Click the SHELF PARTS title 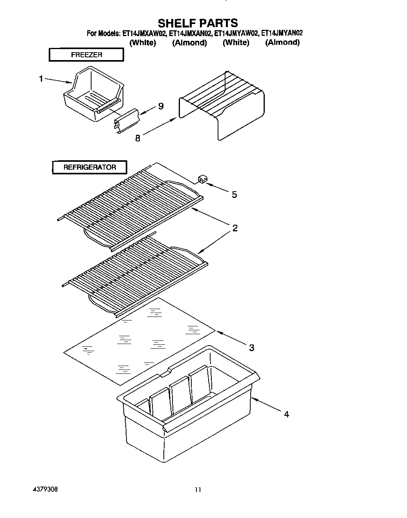click(x=198, y=23)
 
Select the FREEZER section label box click(x=86, y=55)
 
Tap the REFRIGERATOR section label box click(x=90, y=167)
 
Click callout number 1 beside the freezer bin click(x=41, y=79)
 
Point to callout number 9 click(x=161, y=106)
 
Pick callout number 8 click(x=137, y=138)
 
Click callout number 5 click(x=234, y=194)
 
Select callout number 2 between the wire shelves click(x=235, y=228)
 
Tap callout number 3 click(x=251, y=347)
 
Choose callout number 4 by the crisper click(x=286, y=414)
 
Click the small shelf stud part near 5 click(x=202, y=180)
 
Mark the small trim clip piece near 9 click(x=126, y=121)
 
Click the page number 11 click(x=198, y=490)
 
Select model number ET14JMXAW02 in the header click(x=144, y=33)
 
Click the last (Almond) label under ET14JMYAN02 click(x=282, y=42)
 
